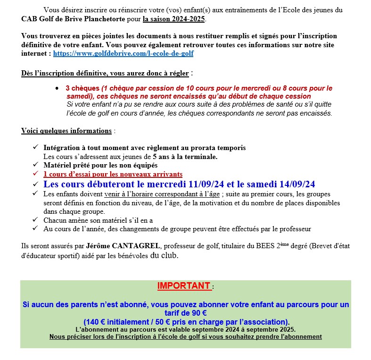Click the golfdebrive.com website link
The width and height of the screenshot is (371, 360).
(x=123, y=54)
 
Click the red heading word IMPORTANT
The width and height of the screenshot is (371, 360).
(x=183, y=286)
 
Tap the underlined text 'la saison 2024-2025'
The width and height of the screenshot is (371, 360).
(x=174, y=19)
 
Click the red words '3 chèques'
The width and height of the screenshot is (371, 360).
(x=82, y=88)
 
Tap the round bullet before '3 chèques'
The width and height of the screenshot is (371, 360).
(x=57, y=89)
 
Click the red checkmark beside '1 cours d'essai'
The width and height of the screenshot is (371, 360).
(x=36, y=174)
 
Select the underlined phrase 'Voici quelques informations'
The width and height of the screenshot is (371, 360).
(x=66, y=131)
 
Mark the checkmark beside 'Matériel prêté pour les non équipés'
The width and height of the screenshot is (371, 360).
(x=36, y=165)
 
